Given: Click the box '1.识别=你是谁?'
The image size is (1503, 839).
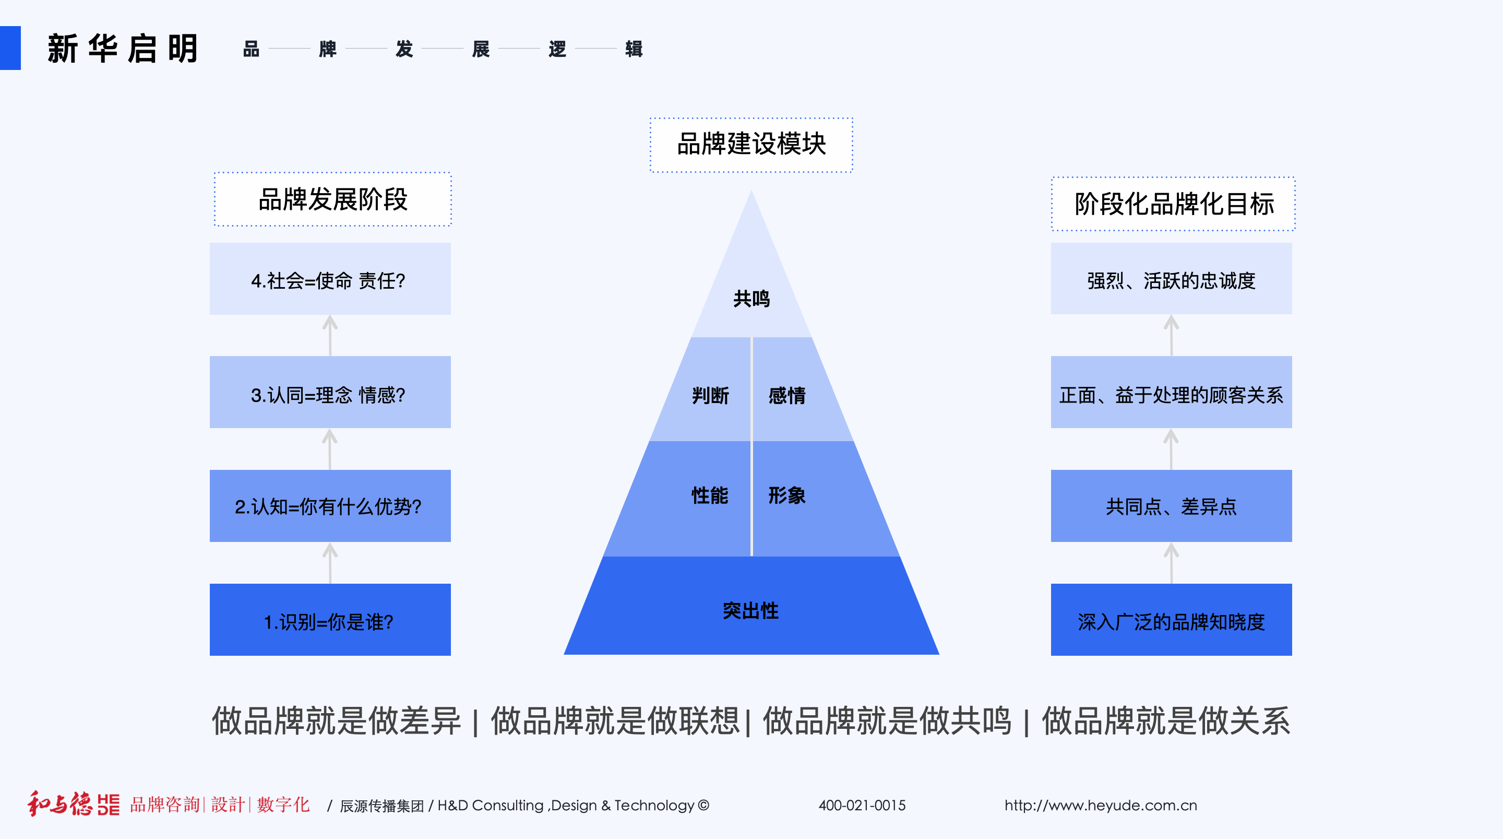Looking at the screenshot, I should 330,620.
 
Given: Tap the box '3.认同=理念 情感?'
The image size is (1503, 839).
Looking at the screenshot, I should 330,392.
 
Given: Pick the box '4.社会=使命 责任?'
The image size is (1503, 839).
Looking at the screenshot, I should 330,279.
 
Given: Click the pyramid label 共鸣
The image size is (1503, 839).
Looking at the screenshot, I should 751,299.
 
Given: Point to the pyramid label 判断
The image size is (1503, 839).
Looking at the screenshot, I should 710,396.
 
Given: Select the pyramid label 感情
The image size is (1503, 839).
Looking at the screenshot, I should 786,396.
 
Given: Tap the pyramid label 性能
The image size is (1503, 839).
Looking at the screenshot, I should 710,495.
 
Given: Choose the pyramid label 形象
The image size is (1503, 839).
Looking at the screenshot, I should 786,495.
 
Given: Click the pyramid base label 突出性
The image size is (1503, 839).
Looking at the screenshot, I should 751,611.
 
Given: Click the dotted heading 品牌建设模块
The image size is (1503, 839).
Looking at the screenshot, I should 751,144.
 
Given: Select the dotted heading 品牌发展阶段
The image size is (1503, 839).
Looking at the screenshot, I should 332,199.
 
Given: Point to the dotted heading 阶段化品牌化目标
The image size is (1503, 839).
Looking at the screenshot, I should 1173,204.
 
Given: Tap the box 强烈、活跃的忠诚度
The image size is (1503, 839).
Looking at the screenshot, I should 1171,279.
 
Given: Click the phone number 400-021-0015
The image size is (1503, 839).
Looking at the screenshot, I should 862,805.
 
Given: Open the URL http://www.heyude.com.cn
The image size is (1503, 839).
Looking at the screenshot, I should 1101,805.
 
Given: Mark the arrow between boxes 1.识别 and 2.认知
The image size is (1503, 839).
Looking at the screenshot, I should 330,563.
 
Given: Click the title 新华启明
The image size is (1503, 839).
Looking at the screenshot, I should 123,49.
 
